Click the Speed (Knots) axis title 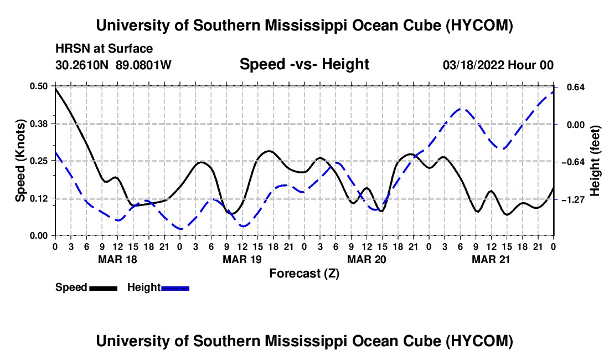pyautogui.click(x=20, y=161)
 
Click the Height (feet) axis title pyautogui.click(x=595, y=161)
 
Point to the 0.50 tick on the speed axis pyautogui.click(x=38, y=86)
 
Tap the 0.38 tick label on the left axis pyautogui.click(x=38, y=124)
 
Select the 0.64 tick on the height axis pyautogui.click(x=576, y=88)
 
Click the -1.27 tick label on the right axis pyautogui.click(x=573, y=199)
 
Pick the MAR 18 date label pyautogui.click(x=118, y=259)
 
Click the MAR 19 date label pyautogui.click(x=242, y=259)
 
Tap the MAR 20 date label pyautogui.click(x=367, y=259)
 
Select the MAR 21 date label pyautogui.click(x=491, y=259)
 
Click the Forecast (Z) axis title pyautogui.click(x=304, y=274)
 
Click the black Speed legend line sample pyautogui.click(x=104, y=289)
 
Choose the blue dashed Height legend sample pyautogui.click(x=175, y=289)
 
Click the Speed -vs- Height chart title pyautogui.click(x=304, y=64)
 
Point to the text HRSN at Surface pyautogui.click(x=104, y=49)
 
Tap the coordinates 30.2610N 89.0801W pyautogui.click(x=113, y=65)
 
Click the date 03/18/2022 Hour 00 pyautogui.click(x=498, y=65)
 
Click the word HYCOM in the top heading pyautogui.click(x=479, y=25)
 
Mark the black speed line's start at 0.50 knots pyautogui.click(x=55, y=88)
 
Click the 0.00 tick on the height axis pyautogui.click(x=576, y=125)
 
